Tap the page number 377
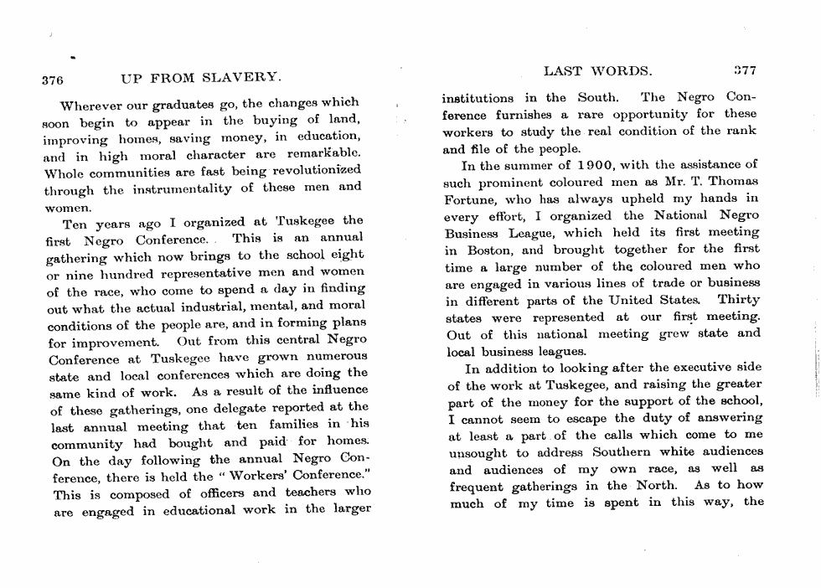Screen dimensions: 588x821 coord(745,72)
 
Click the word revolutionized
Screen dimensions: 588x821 coord(315,171)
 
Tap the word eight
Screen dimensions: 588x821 coord(348,254)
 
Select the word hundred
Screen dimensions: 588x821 coord(123,272)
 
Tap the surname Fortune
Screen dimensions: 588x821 coord(471,199)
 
